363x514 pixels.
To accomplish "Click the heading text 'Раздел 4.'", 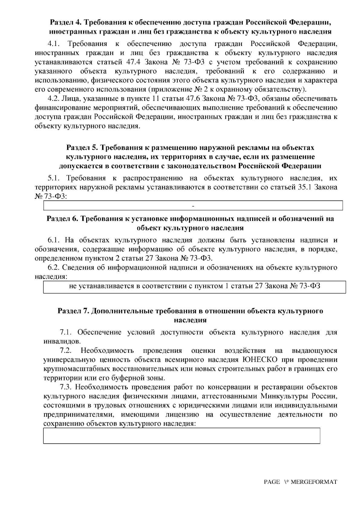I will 65,22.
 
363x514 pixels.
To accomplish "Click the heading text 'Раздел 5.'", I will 82,148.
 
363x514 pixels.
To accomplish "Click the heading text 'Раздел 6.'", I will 62,219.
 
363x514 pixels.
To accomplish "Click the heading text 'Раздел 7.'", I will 73,311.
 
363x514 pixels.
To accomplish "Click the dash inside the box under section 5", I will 193,206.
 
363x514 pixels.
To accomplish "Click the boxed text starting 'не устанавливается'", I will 195,286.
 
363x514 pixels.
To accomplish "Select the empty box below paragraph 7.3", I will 181,436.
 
